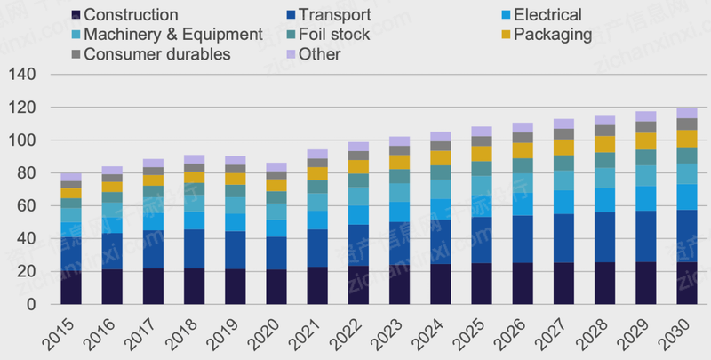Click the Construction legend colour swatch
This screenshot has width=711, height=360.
coord(77,15)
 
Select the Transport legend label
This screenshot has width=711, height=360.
coord(334,15)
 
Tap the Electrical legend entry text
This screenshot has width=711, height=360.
coord(547,15)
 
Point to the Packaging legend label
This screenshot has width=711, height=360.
coord(553,35)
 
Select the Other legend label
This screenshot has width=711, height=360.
coord(319,54)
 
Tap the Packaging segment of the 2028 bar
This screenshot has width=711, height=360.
coord(604,144)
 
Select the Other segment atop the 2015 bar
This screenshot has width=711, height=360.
coord(71,177)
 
